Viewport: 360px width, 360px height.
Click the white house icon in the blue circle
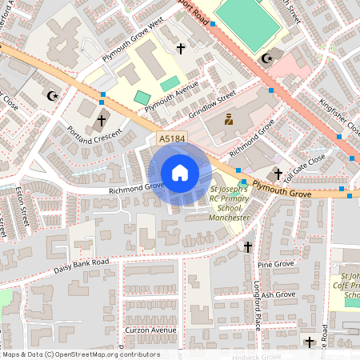[x=179, y=173]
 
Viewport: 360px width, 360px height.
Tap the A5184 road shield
[x=172, y=139]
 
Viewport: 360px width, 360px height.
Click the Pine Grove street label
[x=276, y=263]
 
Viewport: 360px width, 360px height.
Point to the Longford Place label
[x=258, y=296]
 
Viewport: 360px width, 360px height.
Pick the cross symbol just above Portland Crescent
[x=102, y=121]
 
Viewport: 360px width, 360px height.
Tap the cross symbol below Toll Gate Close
[x=278, y=174]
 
